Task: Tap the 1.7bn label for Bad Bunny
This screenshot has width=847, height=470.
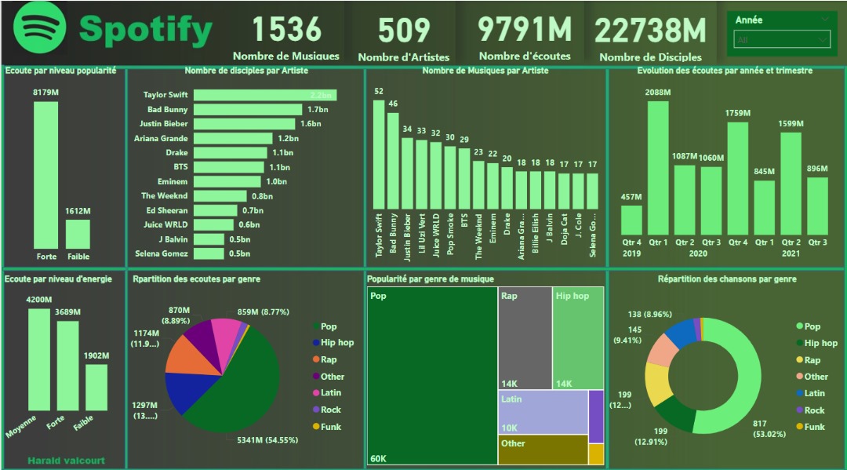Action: click(x=317, y=110)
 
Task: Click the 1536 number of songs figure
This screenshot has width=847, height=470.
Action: click(x=286, y=30)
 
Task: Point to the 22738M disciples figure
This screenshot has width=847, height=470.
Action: click(x=650, y=31)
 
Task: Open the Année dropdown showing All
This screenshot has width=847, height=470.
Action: click(x=781, y=39)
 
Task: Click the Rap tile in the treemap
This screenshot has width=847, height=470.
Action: click(x=525, y=337)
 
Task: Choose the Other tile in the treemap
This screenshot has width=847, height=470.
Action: click(x=543, y=450)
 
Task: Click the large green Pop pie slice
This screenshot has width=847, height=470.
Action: click(x=243, y=384)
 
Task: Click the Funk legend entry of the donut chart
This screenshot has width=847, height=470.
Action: click(x=813, y=427)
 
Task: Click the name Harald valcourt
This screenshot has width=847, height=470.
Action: click(x=66, y=461)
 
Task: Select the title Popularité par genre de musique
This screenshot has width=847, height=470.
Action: click(x=430, y=279)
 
